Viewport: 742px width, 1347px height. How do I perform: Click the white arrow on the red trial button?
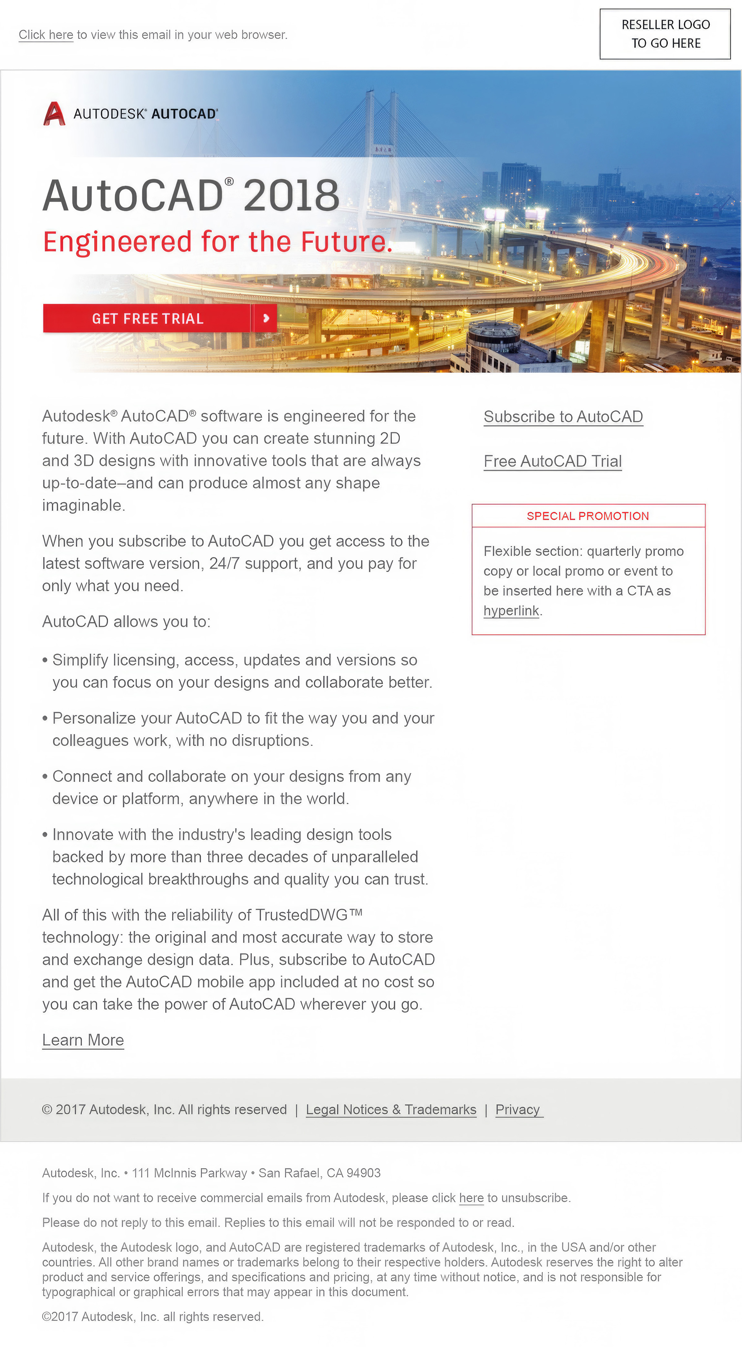click(266, 318)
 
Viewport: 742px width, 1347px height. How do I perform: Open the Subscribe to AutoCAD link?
click(563, 417)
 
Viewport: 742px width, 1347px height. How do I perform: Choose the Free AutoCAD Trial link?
click(552, 461)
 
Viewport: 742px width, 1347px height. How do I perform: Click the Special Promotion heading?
click(588, 516)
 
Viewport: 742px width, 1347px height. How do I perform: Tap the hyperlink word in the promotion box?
click(510, 611)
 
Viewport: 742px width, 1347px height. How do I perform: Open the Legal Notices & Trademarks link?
click(391, 1110)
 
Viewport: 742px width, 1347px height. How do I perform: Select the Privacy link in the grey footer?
click(517, 1110)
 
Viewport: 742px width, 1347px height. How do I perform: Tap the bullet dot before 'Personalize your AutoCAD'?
click(45, 719)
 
